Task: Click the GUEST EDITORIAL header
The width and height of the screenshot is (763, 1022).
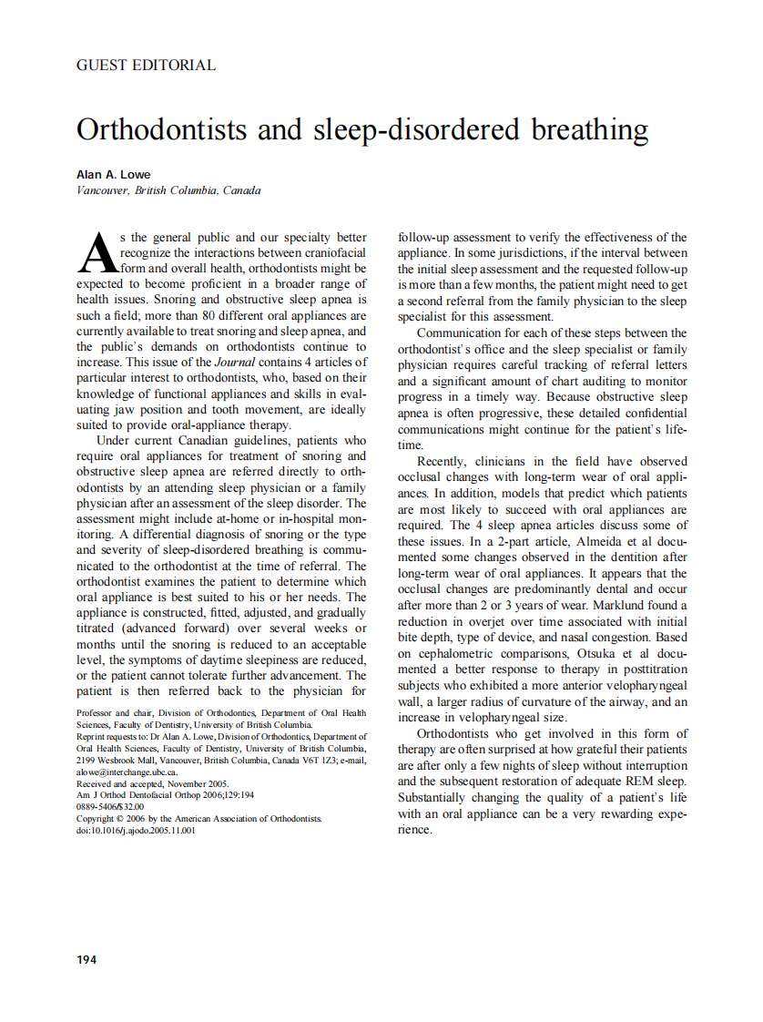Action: click(x=146, y=66)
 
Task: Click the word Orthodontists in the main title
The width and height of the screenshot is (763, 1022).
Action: click(x=162, y=129)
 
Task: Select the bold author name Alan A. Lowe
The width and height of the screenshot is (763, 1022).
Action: click(x=114, y=174)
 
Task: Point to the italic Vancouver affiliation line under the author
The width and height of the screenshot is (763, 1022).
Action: click(x=168, y=190)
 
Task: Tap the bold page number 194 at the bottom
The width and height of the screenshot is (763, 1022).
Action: click(x=86, y=959)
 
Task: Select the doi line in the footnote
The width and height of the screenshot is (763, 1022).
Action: click(x=136, y=831)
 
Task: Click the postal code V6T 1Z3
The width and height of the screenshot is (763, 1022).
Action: click(x=309, y=760)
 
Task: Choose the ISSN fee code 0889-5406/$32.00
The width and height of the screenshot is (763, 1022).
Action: click(x=110, y=807)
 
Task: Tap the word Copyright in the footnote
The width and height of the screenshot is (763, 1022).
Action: click(x=98, y=819)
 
